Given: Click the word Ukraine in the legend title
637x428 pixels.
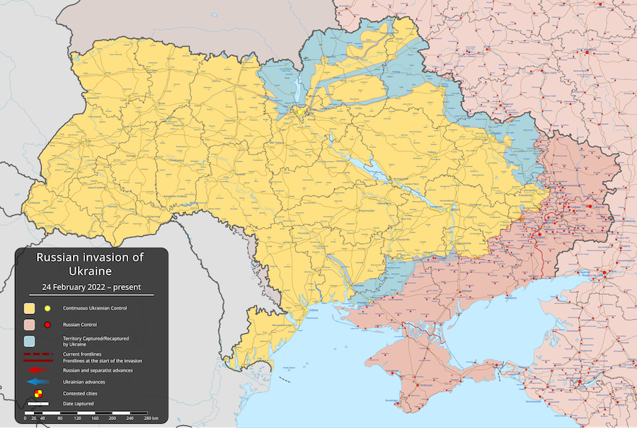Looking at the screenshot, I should pos(90,271).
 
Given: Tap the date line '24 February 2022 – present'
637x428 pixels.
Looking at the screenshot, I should pos(90,287).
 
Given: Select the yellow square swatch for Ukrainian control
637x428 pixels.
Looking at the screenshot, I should pos(30,308).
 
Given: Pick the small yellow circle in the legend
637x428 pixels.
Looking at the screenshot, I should pos(47,308).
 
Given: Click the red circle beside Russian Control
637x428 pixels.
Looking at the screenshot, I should pos(47,325).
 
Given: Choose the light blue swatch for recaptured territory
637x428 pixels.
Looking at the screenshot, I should pos(30,342).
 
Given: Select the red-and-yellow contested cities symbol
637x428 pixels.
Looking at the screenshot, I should pos(39,393).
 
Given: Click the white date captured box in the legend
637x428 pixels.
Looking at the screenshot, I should pos(38,404).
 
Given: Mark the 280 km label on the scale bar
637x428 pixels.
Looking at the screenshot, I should pos(150,419).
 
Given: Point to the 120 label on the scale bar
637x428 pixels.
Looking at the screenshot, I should pos(78,419).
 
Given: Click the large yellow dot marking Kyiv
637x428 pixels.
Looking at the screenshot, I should pos(300,112).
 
